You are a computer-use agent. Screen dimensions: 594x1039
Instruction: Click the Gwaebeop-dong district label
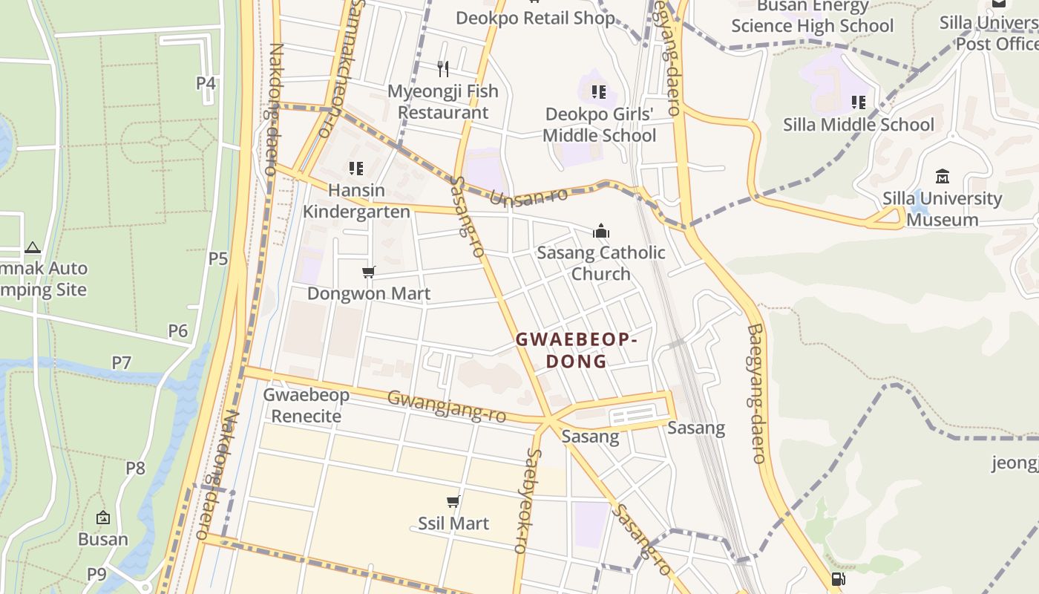(577, 350)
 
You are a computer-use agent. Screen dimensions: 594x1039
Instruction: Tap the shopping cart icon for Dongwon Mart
(369, 272)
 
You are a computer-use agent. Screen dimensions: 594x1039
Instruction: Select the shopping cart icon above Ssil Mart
(453, 502)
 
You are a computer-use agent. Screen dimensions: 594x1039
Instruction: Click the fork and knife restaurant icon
(443, 69)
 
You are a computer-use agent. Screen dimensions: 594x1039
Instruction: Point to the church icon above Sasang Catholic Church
(601, 231)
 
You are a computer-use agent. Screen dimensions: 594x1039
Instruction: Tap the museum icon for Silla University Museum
(943, 177)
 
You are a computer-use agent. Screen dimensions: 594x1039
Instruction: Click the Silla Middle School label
(859, 124)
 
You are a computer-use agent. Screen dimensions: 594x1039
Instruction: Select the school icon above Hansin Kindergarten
(356, 169)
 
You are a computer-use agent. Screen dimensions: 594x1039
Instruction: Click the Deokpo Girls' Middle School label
(599, 125)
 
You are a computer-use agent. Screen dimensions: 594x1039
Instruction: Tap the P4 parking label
(206, 83)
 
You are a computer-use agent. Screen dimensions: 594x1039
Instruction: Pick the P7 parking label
(121, 363)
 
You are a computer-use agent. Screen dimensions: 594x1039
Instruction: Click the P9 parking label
(96, 574)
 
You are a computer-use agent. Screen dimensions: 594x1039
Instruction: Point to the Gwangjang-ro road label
(447, 407)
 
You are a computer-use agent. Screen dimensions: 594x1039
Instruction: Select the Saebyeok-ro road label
(536, 500)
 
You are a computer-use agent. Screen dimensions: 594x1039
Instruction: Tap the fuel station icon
(838, 579)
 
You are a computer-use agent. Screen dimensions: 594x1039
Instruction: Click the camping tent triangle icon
(32, 247)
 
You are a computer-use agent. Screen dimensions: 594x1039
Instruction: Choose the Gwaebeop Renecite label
(306, 405)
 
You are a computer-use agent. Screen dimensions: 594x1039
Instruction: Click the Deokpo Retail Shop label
(535, 18)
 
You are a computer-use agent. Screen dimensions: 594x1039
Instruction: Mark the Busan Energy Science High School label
(812, 16)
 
